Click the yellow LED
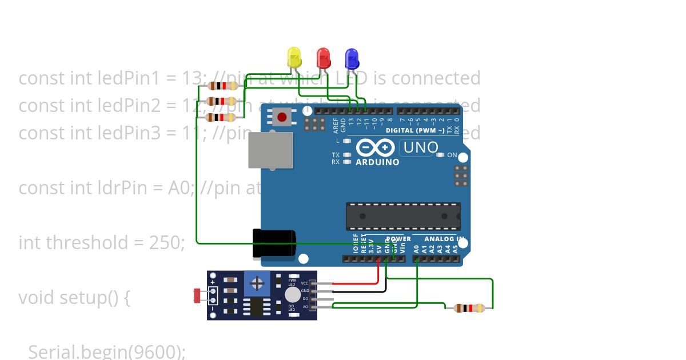(294, 58)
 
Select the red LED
(323, 58)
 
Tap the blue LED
(352, 58)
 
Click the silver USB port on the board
(270, 150)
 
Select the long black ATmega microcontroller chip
(402, 216)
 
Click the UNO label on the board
(420, 148)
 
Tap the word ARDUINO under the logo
(377, 162)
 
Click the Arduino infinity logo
(375, 148)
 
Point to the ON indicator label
(452, 155)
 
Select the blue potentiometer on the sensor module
(258, 283)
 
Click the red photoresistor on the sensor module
(198, 295)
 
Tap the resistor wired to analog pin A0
(469, 308)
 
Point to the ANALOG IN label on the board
(444, 239)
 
